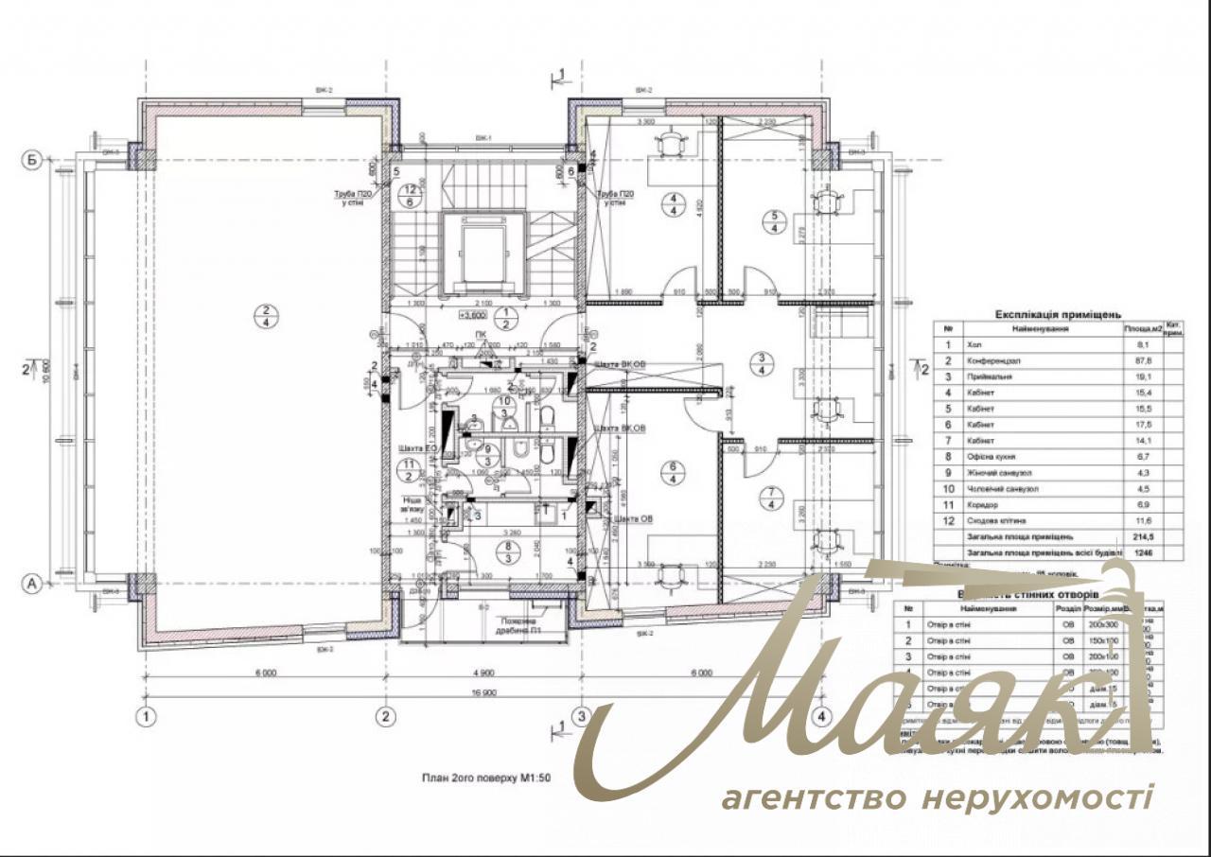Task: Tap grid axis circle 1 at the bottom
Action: point(145,716)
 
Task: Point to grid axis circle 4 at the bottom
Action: point(821,716)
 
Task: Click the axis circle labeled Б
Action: point(32,160)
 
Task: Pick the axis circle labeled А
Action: point(32,585)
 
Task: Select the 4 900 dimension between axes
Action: point(483,674)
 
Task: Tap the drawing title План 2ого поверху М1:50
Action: point(485,778)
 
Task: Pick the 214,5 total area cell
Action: point(1139,536)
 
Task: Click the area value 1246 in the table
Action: point(1138,552)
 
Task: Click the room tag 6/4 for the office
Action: point(674,472)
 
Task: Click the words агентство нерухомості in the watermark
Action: point(938,797)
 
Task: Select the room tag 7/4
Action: point(772,498)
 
